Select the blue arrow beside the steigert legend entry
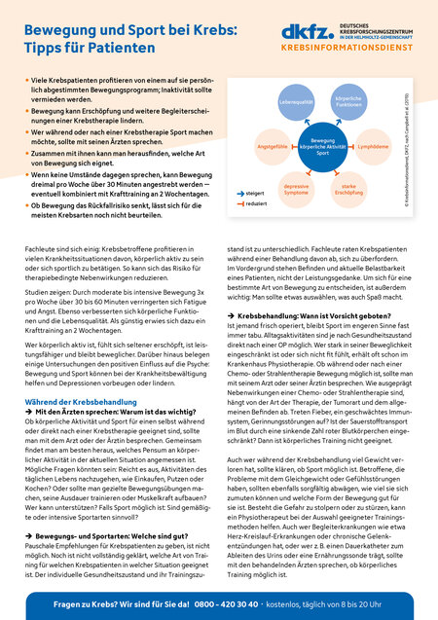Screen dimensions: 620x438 [237, 220]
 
